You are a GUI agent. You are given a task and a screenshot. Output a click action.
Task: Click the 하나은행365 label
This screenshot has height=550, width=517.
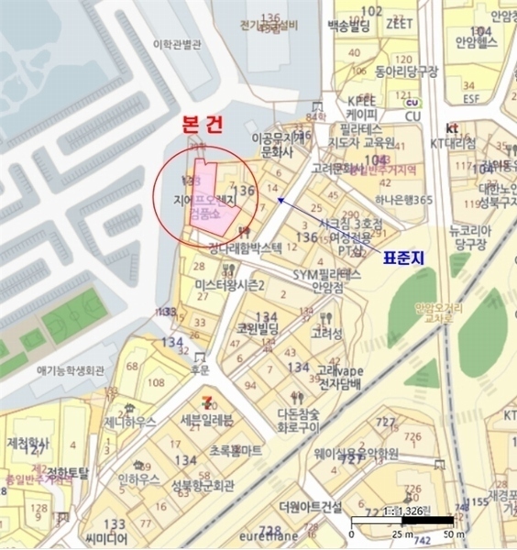click(x=403, y=200)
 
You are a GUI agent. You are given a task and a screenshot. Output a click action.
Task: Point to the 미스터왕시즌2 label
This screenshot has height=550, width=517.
click(x=230, y=286)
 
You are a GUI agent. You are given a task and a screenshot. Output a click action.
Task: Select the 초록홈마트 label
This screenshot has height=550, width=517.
click(x=236, y=450)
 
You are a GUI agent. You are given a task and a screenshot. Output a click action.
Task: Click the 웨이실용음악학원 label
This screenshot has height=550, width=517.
click(x=357, y=454)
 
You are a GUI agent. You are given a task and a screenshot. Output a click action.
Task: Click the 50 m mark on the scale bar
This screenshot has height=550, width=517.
click(x=449, y=533)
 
